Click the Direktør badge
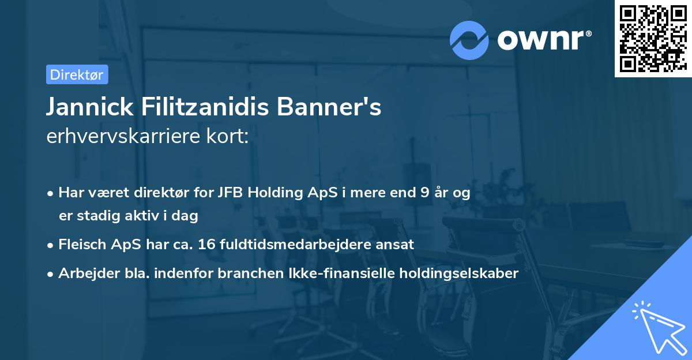tap(77, 74)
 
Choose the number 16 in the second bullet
tap(205, 244)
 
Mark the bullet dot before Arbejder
tap(51, 274)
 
